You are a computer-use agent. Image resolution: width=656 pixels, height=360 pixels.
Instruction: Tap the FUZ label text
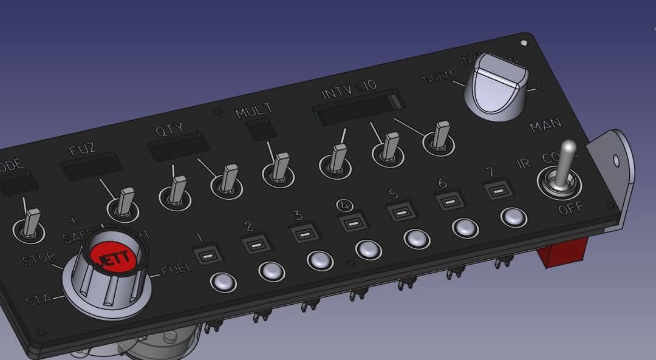[83, 149]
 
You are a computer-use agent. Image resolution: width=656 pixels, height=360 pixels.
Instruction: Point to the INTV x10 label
[350, 92]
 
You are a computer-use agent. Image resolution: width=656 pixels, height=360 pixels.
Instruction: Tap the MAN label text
[545, 126]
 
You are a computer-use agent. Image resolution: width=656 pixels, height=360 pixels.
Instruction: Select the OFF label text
[570, 208]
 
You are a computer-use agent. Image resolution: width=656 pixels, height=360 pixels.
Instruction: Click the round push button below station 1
[223, 281]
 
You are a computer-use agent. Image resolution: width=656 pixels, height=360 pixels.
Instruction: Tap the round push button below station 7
[513, 217]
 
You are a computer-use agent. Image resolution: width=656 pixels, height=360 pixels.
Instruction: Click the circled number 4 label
[344, 205]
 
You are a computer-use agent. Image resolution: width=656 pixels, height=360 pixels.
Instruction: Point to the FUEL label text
[177, 268]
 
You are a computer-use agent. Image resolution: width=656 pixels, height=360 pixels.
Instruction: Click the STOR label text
[39, 259]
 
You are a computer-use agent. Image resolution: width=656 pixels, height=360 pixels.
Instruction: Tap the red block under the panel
[562, 252]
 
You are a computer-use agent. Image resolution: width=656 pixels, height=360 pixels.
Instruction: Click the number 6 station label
[443, 183]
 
